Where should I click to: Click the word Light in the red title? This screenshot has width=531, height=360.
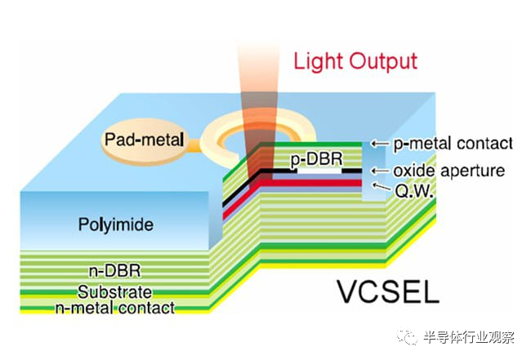(319, 61)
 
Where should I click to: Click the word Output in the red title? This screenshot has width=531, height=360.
(383, 61)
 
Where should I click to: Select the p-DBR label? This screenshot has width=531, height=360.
(317, 159)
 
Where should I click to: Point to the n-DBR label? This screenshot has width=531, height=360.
(114, 271)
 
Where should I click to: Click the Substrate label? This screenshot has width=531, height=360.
(114, 291)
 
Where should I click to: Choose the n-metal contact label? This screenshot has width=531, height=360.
(115, 308)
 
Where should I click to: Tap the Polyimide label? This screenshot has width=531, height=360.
(116, 224)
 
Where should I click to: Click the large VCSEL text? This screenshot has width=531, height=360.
(388, 291)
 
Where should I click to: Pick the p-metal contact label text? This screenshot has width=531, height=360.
(453, 144)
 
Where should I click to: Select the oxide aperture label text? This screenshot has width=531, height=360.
(449, 171)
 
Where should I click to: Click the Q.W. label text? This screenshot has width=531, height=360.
(414, 192)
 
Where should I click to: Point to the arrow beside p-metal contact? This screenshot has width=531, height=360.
(379, 144)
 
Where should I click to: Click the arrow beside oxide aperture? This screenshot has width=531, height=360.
(379, 171)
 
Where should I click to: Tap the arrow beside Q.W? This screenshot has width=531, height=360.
(381, 186)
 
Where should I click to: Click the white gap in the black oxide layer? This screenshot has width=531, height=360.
(319, 171)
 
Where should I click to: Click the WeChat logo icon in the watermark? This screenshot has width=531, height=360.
(408, 337)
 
